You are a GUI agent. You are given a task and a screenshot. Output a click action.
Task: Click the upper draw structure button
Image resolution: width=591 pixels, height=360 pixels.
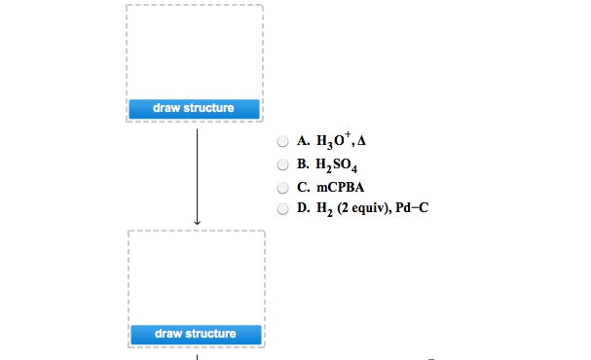[194, 108]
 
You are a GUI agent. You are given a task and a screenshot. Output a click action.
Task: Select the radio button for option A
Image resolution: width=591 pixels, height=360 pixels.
[282, 140]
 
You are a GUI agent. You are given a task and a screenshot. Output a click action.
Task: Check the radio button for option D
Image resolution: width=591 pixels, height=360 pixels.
[282, 208]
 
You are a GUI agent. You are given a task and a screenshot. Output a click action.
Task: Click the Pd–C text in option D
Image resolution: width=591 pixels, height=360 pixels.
[413, 208]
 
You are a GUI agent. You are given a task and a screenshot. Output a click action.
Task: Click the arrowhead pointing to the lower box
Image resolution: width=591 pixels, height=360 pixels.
[197, 223]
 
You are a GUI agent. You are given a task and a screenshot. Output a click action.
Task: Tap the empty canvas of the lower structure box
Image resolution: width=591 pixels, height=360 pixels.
[196, 276]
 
